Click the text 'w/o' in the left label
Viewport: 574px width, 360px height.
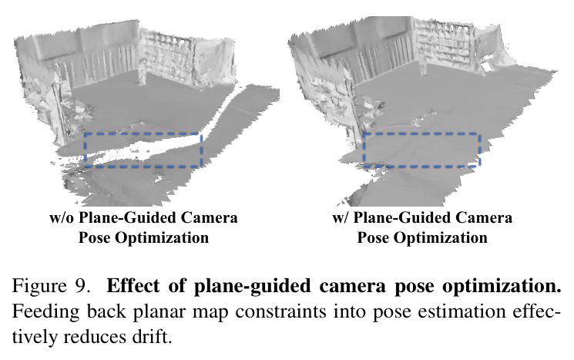point(62,218)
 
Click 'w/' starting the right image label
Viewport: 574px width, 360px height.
point(341,218)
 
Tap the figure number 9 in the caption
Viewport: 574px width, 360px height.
point(82,286)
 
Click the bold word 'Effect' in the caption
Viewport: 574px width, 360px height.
point(133,286)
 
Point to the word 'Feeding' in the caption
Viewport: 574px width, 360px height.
point(45,312)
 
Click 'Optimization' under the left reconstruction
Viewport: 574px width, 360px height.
point(162,238)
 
